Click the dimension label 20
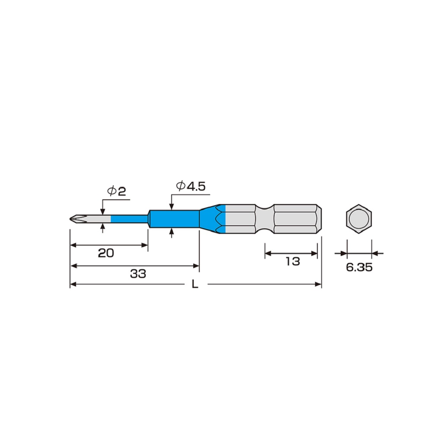106,253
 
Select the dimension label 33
138,274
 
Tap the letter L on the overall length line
195,285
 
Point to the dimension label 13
292,261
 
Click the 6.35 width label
359,267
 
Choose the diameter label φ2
117,191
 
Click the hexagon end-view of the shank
359,219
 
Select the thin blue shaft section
129,219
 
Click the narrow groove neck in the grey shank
264,219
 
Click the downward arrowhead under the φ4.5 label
172,207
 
